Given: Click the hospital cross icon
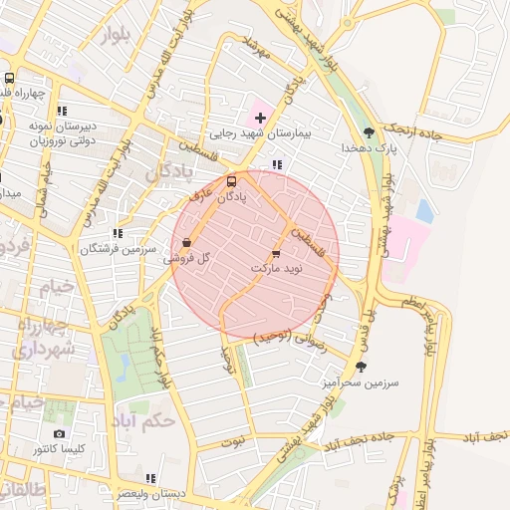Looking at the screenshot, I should click(x=261, y=118).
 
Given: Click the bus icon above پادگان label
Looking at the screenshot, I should click(x=232, y=181).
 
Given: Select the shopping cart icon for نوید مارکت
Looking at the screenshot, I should click(x=276, y=255).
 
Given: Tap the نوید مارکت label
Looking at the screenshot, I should click(x=276, y=269).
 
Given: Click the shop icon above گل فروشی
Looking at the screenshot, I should click(x=188, y=242).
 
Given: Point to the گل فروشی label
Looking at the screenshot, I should click(x=190, y=257).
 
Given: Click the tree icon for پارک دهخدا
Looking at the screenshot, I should click(x=370, y=132).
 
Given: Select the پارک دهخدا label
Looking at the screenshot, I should click(x=370, y=147).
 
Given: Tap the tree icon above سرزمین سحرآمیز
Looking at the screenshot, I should click(x=360, y=368).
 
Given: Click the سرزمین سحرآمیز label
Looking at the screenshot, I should click(x=360, y=382).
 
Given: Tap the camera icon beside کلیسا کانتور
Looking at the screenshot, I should click(x=59, y=434).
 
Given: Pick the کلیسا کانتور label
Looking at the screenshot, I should click(x=59, y=449).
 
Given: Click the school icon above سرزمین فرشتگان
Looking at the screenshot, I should click(x=119, y=233).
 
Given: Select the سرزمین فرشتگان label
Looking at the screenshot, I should click(x=121, y=248).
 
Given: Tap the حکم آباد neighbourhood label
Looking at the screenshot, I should click(x=145, y=419).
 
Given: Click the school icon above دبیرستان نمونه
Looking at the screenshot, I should click(x=62, y=112).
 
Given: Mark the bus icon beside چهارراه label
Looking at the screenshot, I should click(x=9, y=80).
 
